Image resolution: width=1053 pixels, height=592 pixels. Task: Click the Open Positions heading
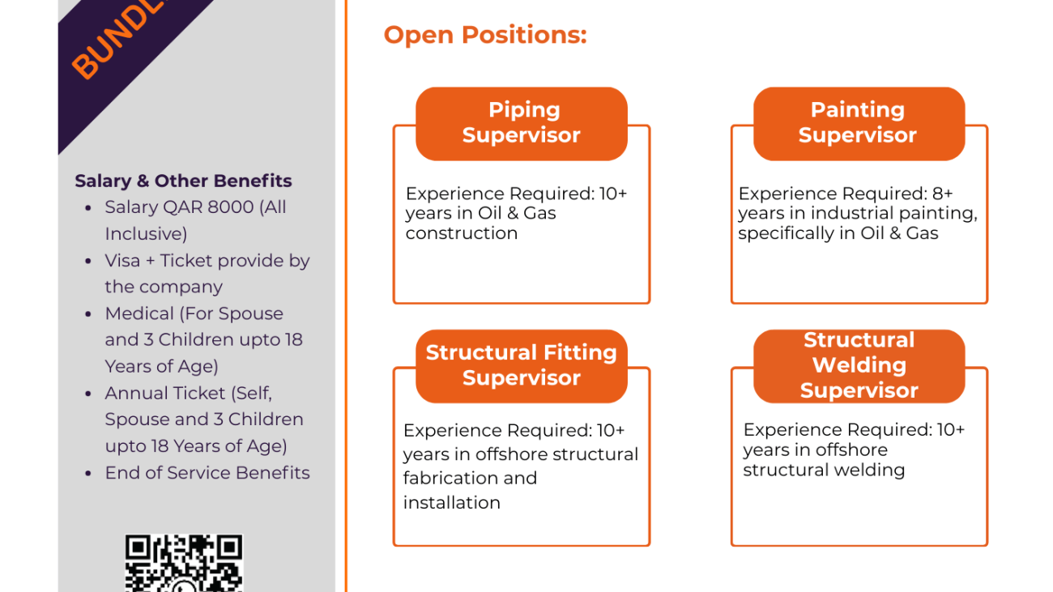[484, 35]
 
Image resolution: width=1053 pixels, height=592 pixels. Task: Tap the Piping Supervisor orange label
[522, 123]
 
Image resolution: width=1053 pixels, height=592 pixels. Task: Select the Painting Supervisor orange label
[858, 123]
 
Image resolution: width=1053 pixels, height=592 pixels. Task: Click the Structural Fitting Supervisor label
[522, 365]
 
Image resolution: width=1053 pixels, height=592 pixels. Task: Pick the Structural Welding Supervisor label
[859, 365]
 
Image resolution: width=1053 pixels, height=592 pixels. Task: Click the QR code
[184, 563]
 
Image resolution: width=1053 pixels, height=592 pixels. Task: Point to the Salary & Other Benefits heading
[183, 181]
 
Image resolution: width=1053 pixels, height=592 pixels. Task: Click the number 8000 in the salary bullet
[231, 207]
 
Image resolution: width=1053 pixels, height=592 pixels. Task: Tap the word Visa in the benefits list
[122, 261]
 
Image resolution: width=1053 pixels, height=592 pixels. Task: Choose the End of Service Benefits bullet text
[207, 472]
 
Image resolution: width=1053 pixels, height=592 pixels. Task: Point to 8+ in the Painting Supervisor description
[942, 194]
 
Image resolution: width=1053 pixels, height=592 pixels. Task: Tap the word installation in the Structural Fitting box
[451, 503]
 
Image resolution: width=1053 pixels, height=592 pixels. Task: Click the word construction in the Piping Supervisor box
[461, 233]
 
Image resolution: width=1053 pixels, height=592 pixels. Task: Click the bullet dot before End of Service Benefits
[88, 473]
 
